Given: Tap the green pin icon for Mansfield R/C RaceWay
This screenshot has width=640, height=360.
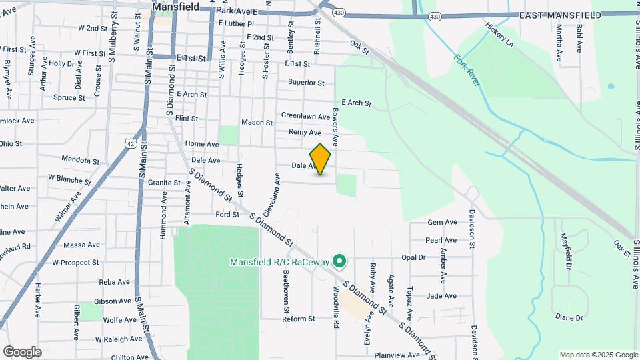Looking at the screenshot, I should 339,261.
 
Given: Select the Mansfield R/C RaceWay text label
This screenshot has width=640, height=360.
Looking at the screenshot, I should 279,262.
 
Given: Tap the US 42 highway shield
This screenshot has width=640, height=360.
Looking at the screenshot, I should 131,143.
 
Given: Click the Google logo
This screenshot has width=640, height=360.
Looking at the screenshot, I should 22,352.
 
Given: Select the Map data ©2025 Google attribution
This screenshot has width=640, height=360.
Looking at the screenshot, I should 598,355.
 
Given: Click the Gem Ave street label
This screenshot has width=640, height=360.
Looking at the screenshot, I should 442,222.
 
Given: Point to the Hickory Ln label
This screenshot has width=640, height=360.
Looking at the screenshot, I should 500,35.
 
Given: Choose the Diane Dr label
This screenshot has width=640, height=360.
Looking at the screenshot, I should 569,318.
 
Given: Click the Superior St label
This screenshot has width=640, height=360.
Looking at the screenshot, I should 306,83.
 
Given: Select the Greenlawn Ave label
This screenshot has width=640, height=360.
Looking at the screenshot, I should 305,116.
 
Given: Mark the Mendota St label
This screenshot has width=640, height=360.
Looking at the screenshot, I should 80,161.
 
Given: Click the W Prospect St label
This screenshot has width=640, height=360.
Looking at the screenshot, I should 75,263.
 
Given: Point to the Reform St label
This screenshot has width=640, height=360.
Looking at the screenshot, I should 298,319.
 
